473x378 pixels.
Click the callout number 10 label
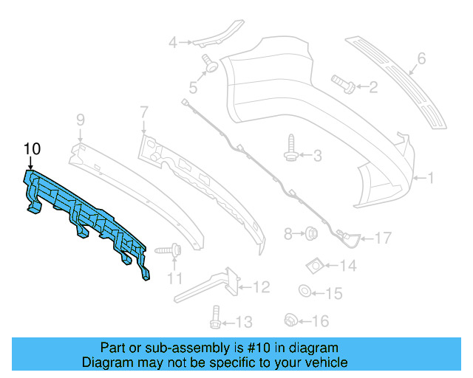click(x=31, y=148)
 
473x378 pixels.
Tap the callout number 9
click(x=81, y=119)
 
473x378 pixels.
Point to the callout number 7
click(x=143, y=112)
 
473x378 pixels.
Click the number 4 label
click(x=173, y=42)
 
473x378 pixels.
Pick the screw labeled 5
click(x=210, y=66)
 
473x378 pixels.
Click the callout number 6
click(x=421, y=58)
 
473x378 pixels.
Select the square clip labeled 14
click(x=315, y=264)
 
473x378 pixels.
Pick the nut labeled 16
click(x=290, y=320)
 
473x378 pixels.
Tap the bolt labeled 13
click(x=214, y=318)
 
